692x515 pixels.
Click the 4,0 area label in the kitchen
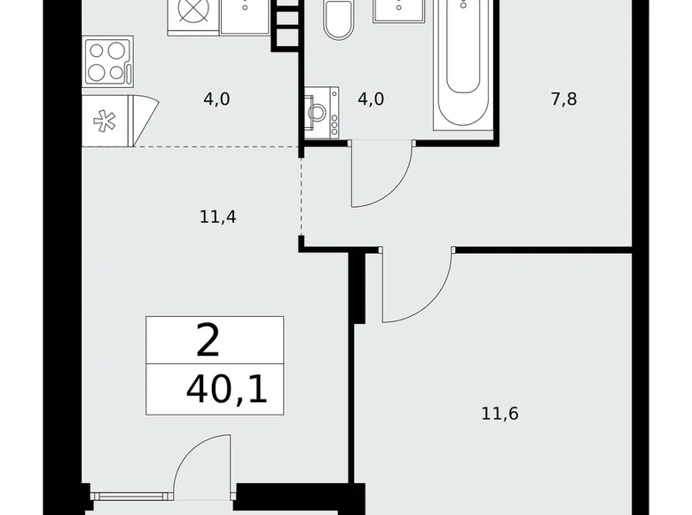[216, 99]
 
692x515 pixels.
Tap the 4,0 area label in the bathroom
[371, 99]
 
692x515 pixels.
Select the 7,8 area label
[564, 99]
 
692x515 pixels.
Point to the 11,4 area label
[218, 217]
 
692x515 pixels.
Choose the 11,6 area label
[500, 414]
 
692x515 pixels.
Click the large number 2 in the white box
[208, 341]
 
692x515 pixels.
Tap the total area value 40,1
[227, 390]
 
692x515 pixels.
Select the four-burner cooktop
[108, 61]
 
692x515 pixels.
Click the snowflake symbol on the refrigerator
[105, 121]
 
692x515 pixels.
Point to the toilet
[339, 20]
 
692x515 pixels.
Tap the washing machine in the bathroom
[322, 113]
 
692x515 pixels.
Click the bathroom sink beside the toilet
[399, 11]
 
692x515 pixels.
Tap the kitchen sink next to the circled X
[246, 17]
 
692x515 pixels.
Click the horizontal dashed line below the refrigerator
[216, 147]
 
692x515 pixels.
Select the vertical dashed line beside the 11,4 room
[302, 197]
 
